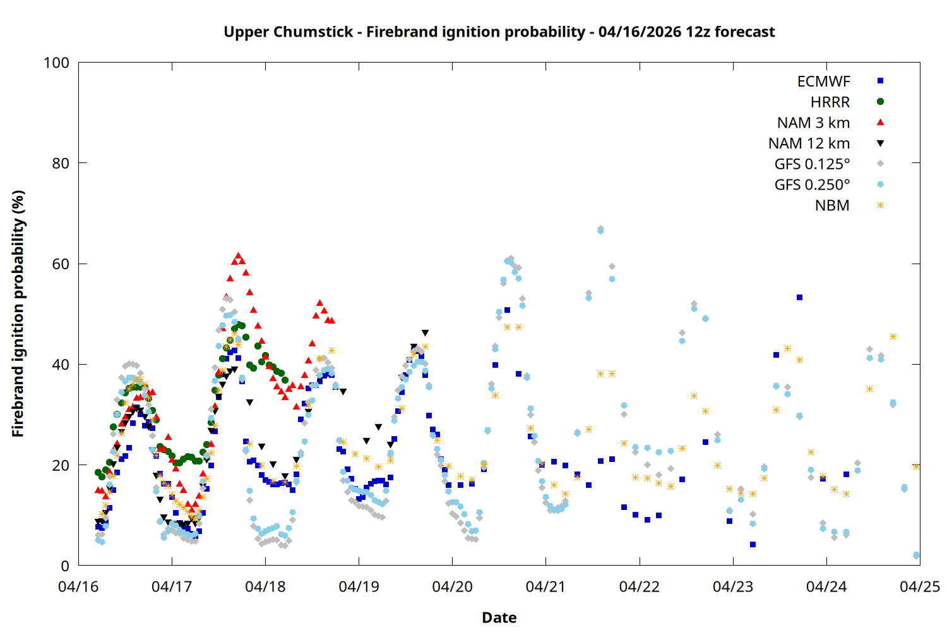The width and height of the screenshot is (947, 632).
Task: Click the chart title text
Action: tap(499, 32)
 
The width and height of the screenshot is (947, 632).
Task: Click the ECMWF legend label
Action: tap(823, 82)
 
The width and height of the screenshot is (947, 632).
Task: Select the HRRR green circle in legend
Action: tap(880, 102)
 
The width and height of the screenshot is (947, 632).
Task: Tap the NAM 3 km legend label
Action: tap(813, 123)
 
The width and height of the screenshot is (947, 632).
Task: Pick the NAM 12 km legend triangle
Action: tap(880, 143)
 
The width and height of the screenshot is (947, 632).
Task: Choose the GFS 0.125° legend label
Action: tap(812, 164)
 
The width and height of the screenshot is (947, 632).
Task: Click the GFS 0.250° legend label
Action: tap(812, 185)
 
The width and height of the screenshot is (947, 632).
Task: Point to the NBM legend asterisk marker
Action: tap(880, 205)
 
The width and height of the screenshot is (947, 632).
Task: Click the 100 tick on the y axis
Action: tap(56, 63)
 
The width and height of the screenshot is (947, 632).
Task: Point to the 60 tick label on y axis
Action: tap(61, 264)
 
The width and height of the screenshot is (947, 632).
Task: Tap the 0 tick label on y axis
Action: tap(65, 566)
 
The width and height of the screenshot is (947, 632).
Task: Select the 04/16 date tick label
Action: tap(78, 587)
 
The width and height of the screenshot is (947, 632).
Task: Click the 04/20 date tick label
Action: tap(452, 587)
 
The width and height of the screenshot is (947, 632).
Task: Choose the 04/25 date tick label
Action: tap(920, 587)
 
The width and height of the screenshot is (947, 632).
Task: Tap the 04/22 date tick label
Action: tap(640, 587)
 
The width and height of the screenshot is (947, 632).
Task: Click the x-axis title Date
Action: tap(499, 617)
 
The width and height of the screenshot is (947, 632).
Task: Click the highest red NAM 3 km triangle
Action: tap(238, 256)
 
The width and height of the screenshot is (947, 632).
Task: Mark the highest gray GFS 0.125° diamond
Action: tap(600, 228)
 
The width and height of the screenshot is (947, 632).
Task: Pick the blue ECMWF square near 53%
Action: tap(799, 297)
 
